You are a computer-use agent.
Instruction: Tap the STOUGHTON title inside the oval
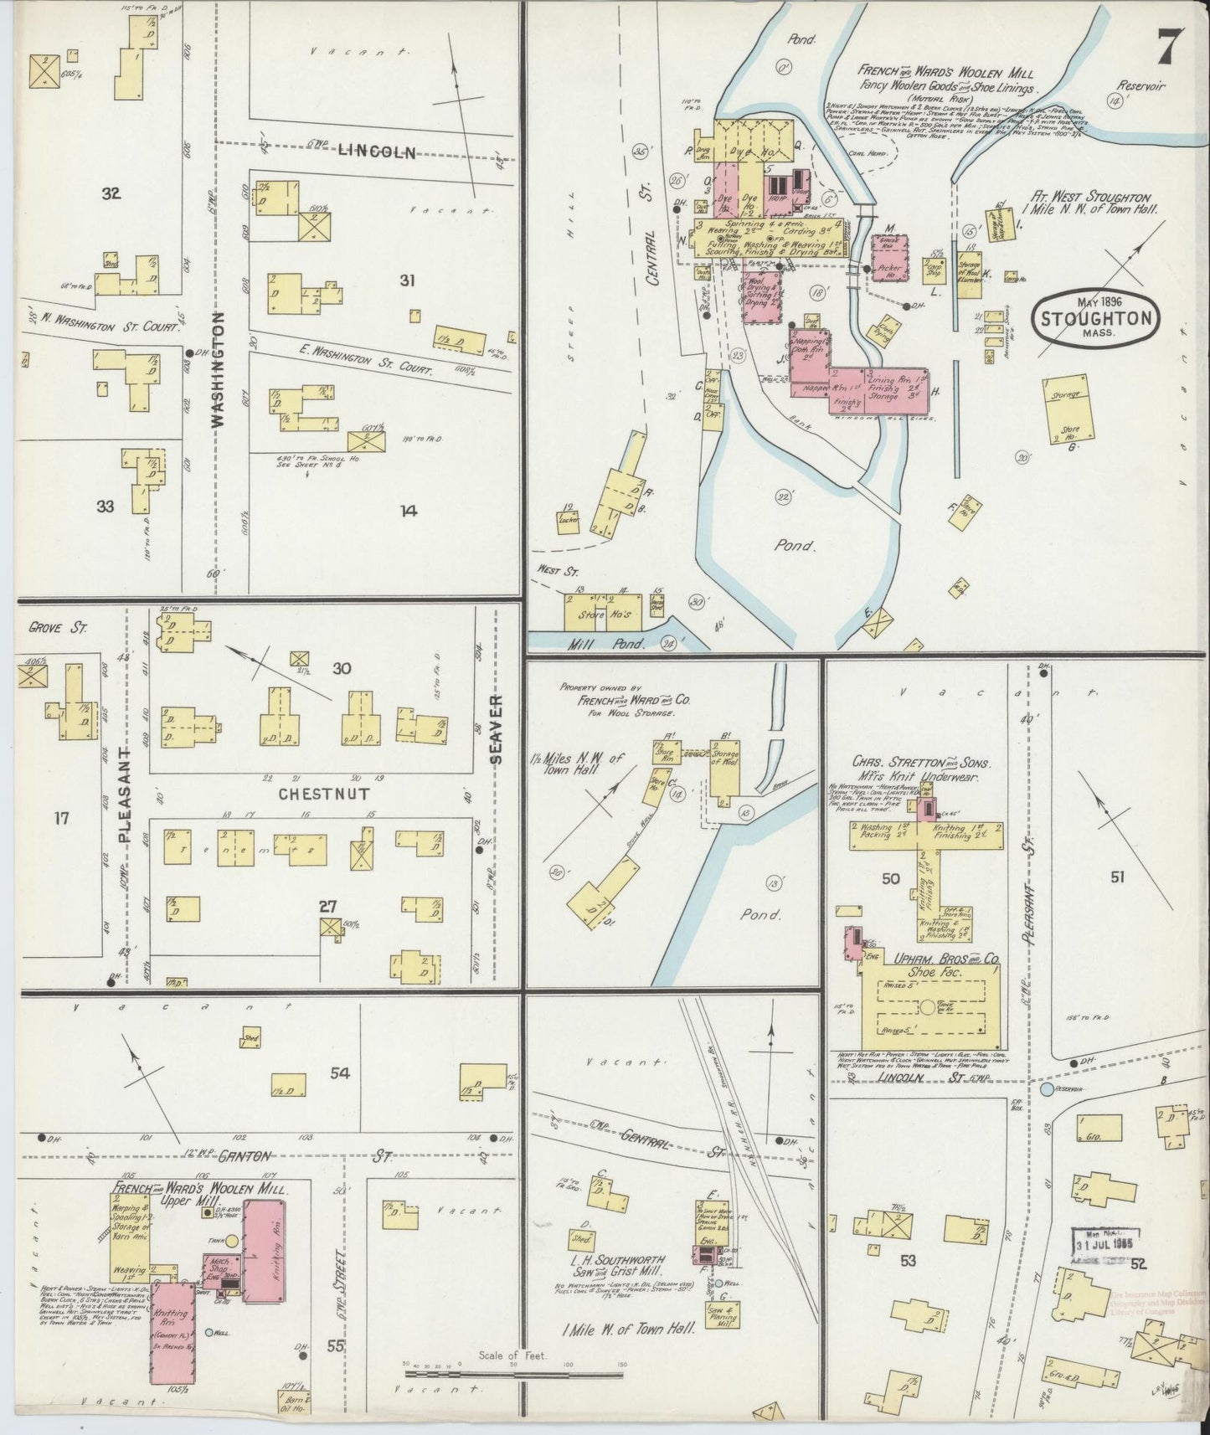(1096, 318)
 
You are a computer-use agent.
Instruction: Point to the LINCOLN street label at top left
(377, 152)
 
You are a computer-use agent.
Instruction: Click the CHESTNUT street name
(322, 793)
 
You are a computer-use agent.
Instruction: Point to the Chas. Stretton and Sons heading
(919, 764)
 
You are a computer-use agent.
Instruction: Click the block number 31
(407, 281)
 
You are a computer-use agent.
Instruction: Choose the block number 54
(339, 1073)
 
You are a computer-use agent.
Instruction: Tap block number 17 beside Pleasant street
(60, 817)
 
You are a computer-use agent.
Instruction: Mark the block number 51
(1117, 877)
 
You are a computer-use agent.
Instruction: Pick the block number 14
(408, 510)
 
